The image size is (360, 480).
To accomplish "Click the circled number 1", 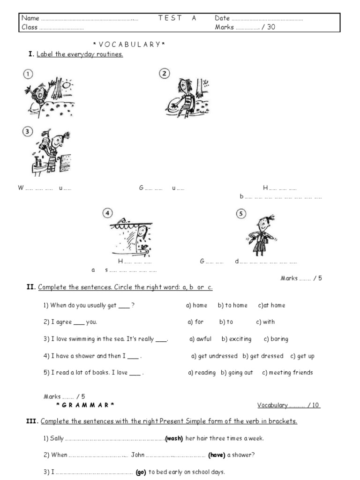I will coord(29,74).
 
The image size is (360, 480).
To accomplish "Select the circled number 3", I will coord(28,132).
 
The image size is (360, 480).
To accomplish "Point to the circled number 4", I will coord(108,213).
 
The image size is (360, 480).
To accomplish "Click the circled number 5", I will coord(241,214).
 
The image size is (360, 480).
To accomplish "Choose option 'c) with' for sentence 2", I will coord(265,322).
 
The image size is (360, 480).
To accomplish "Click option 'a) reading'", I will coord(202,373).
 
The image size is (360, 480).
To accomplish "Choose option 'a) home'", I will coord(196,305).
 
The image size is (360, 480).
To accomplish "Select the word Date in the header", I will coord(222,18).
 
